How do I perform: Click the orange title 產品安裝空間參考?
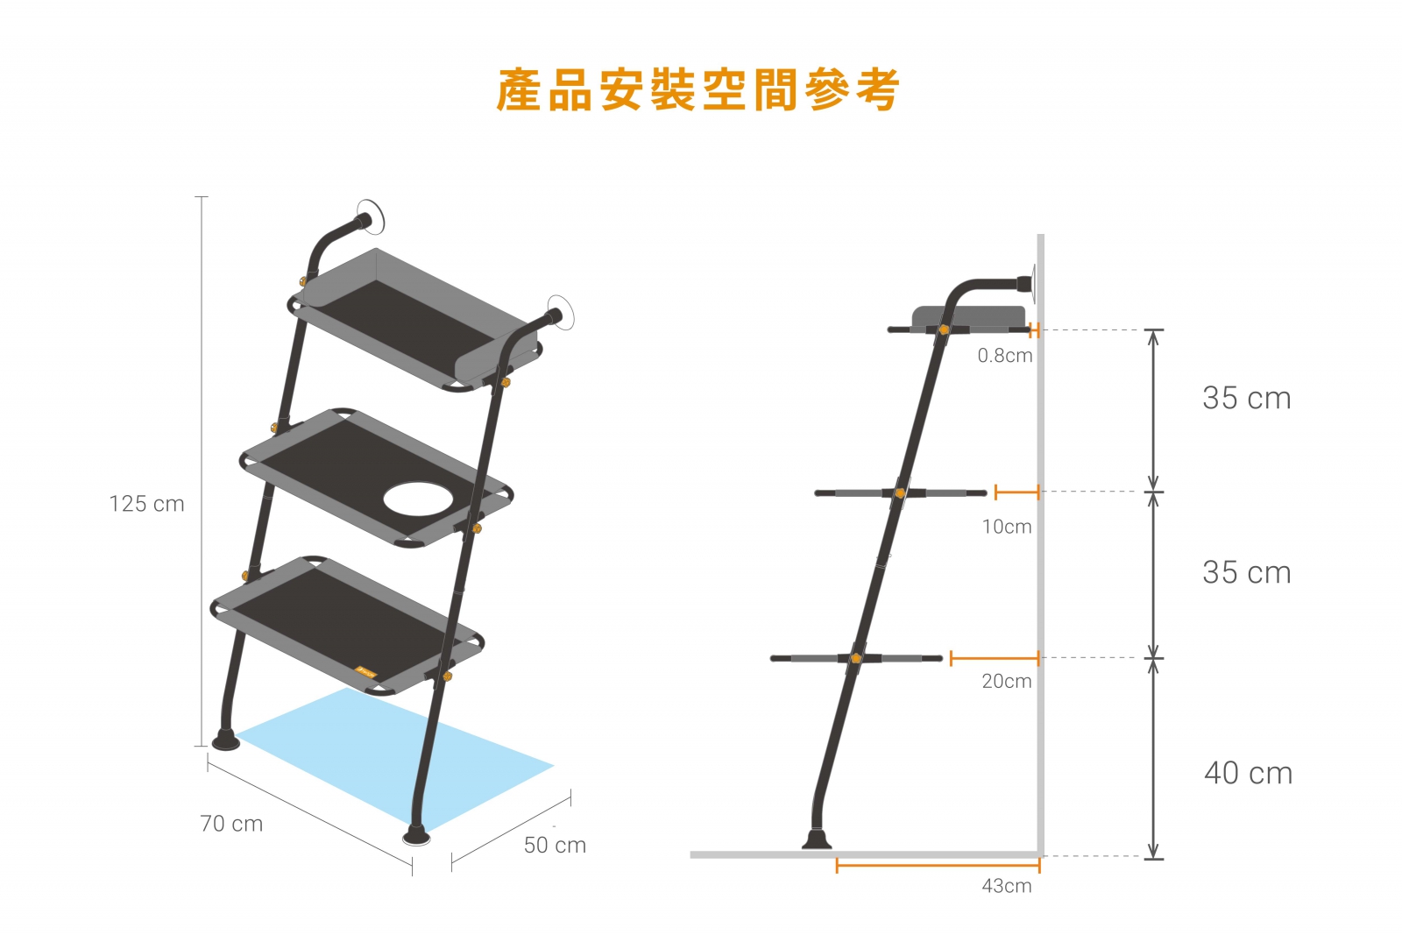click(697, 90)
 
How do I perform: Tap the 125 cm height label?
click(146, 504)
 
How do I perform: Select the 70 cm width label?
click(231, 824)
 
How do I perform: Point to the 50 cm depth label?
click(555, 845)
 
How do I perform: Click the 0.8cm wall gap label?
click(1004, 356)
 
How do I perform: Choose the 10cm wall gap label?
click(1007, 527)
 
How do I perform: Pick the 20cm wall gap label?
click(1007, 681)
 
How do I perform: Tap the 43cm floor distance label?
click(1007, 886)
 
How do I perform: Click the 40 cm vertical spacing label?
click(1248, 773)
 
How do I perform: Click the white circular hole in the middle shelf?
click(418, 499)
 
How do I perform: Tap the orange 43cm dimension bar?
click(938, 866)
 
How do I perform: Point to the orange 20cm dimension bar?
click(995, 658)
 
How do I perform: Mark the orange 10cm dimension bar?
click(1016, 492)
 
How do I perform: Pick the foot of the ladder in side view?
click(817, 839)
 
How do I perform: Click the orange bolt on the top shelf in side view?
click(944, 329)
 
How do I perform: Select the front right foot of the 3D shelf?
click(416, 835)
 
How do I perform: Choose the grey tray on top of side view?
click(968, 316)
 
